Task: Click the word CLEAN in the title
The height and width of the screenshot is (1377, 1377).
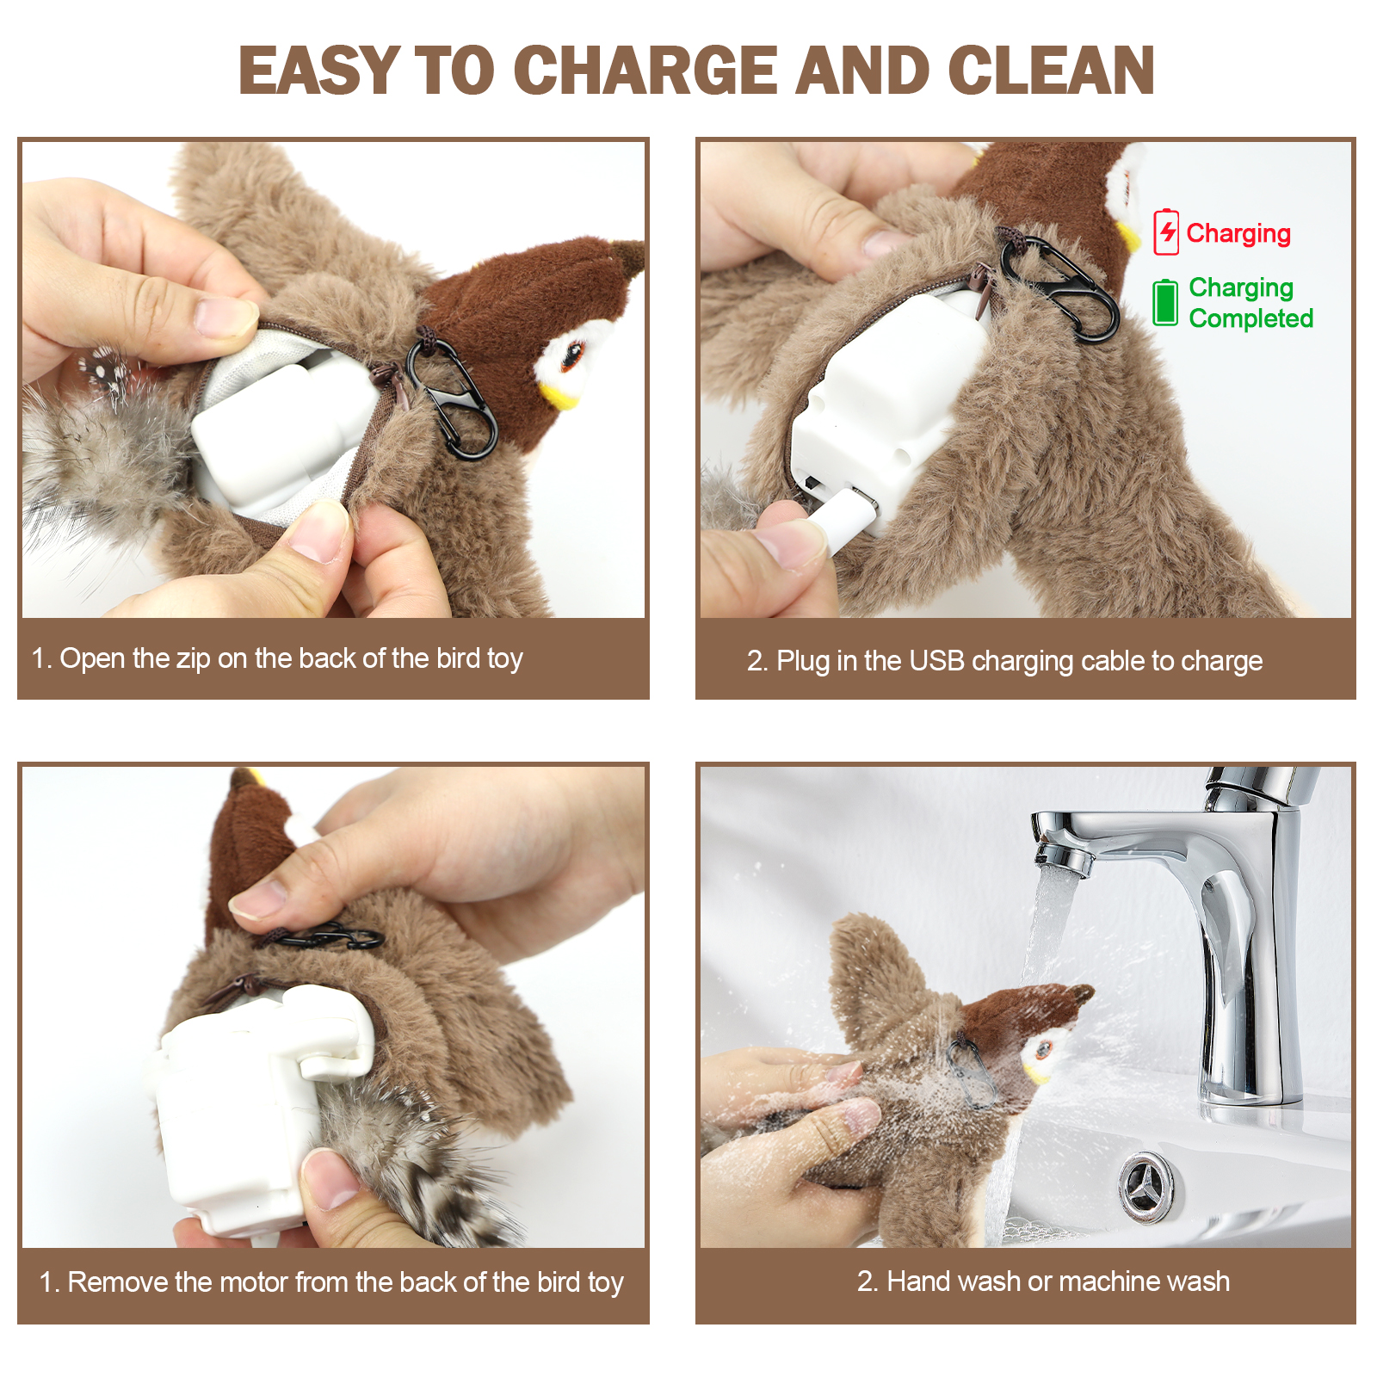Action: point(1051,70)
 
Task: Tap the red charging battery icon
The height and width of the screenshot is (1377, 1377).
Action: point(1166,232)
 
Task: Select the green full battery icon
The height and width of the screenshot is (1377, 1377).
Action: point(1165,302)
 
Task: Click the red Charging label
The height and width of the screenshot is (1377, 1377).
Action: point(1238,233)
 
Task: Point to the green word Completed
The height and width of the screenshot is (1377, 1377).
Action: point(1251,318)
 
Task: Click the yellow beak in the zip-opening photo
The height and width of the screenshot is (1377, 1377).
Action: point(559,395)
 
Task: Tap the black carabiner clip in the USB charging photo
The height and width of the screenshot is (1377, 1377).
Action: point(1060,286)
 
